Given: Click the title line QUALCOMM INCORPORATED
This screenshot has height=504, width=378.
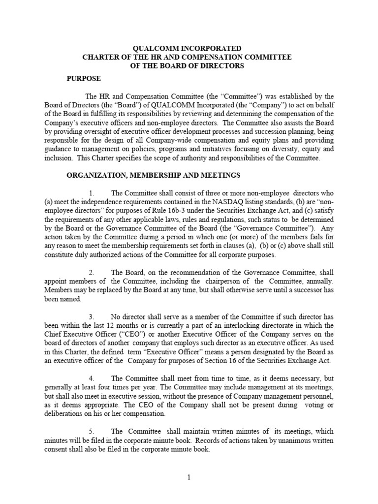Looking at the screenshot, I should [x=188, y=48].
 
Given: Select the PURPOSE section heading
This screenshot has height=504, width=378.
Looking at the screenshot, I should [x=84, y=79].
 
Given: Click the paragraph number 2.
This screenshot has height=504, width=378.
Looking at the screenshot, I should [x=92, y=273].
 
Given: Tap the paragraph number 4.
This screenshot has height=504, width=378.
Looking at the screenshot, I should [x=92, y=378].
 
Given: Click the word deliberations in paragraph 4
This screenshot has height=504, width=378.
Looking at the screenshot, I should [x=87, y=413].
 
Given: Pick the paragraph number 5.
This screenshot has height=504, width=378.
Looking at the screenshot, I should [x=92, y=431].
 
